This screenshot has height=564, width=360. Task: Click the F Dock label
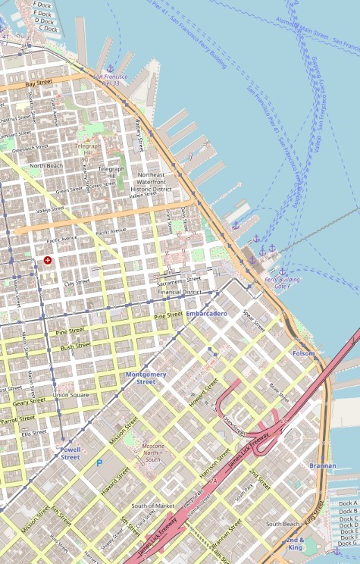[42, 4]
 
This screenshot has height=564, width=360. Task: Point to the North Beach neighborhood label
[46, 165]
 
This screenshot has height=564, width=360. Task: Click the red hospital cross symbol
[48, 260]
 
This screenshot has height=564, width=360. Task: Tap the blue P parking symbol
[99, 462]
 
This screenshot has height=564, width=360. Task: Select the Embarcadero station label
[206, 313]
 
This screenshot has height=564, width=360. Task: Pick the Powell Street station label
[70, 453]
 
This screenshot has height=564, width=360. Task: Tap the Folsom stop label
[303, 353]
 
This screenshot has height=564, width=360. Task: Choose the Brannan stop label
[322, 465]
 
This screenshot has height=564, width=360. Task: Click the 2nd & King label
[295, 543]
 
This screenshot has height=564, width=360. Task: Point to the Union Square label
[70, 395]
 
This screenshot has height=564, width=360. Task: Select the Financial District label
[179, 291]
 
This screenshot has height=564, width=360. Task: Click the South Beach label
[283, 524]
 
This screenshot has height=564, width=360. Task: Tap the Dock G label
[348, 543]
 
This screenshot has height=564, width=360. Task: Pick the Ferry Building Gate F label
[279, 283]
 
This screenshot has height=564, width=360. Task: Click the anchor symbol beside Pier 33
[109, 69]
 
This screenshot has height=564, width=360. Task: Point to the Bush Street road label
[76, 346]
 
